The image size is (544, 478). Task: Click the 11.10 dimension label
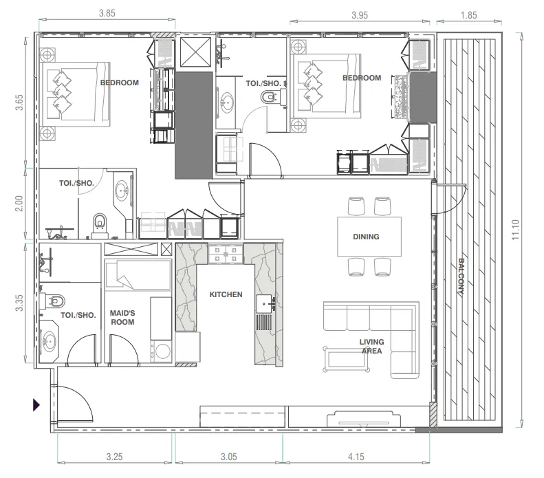point(515,230)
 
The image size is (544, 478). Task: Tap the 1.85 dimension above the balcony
point(469,15)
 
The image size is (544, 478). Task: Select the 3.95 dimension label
point(360,15)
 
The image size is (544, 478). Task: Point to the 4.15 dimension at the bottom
point(356,457)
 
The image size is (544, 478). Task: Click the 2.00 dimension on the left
point(19,204)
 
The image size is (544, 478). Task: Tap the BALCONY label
point(461,276)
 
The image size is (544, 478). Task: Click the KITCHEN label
point(226,294)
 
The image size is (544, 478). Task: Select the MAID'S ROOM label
point(122,317)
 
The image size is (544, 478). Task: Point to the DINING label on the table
point(366,237)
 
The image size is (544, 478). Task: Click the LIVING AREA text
point(371,346)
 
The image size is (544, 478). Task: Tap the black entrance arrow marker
point(36,405)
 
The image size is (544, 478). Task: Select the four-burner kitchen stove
point(226,254)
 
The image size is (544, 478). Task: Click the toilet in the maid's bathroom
point(54,301)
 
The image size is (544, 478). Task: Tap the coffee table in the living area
point(346,359)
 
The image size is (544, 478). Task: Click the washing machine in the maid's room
point(162,351)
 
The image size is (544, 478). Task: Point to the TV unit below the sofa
point(364,419)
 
